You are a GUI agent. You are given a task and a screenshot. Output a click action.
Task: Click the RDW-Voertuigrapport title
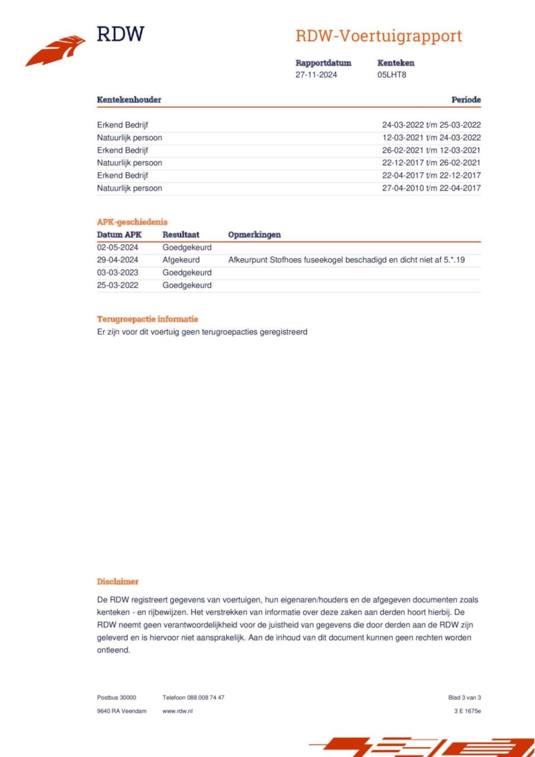379,36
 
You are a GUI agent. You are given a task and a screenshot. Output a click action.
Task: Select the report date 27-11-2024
316,75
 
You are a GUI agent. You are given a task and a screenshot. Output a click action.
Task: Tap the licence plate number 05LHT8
392,75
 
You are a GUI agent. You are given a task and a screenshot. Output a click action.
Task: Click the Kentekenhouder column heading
129,100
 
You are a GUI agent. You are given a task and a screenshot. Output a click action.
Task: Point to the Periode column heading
466,100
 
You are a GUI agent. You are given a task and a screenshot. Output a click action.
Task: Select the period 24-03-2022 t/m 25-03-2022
431,125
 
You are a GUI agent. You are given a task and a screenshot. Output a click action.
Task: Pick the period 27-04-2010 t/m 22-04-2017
431,188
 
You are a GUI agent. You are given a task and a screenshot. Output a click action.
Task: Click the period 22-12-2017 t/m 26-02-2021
431,163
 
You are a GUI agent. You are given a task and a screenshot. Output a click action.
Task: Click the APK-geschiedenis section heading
132,222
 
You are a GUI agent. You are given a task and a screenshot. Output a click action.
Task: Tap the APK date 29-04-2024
117,260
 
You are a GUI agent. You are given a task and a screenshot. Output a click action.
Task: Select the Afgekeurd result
181,260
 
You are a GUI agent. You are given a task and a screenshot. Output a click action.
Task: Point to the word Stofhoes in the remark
285,260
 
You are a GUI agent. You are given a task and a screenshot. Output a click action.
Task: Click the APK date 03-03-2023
117,272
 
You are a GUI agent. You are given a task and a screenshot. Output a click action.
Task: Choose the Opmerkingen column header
254,235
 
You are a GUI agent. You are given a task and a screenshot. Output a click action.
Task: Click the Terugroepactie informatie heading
147,319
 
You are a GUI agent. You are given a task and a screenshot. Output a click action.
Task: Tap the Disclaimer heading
117,582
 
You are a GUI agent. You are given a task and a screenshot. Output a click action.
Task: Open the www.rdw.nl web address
177,711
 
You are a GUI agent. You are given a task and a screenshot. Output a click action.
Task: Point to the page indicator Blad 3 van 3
464,697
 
